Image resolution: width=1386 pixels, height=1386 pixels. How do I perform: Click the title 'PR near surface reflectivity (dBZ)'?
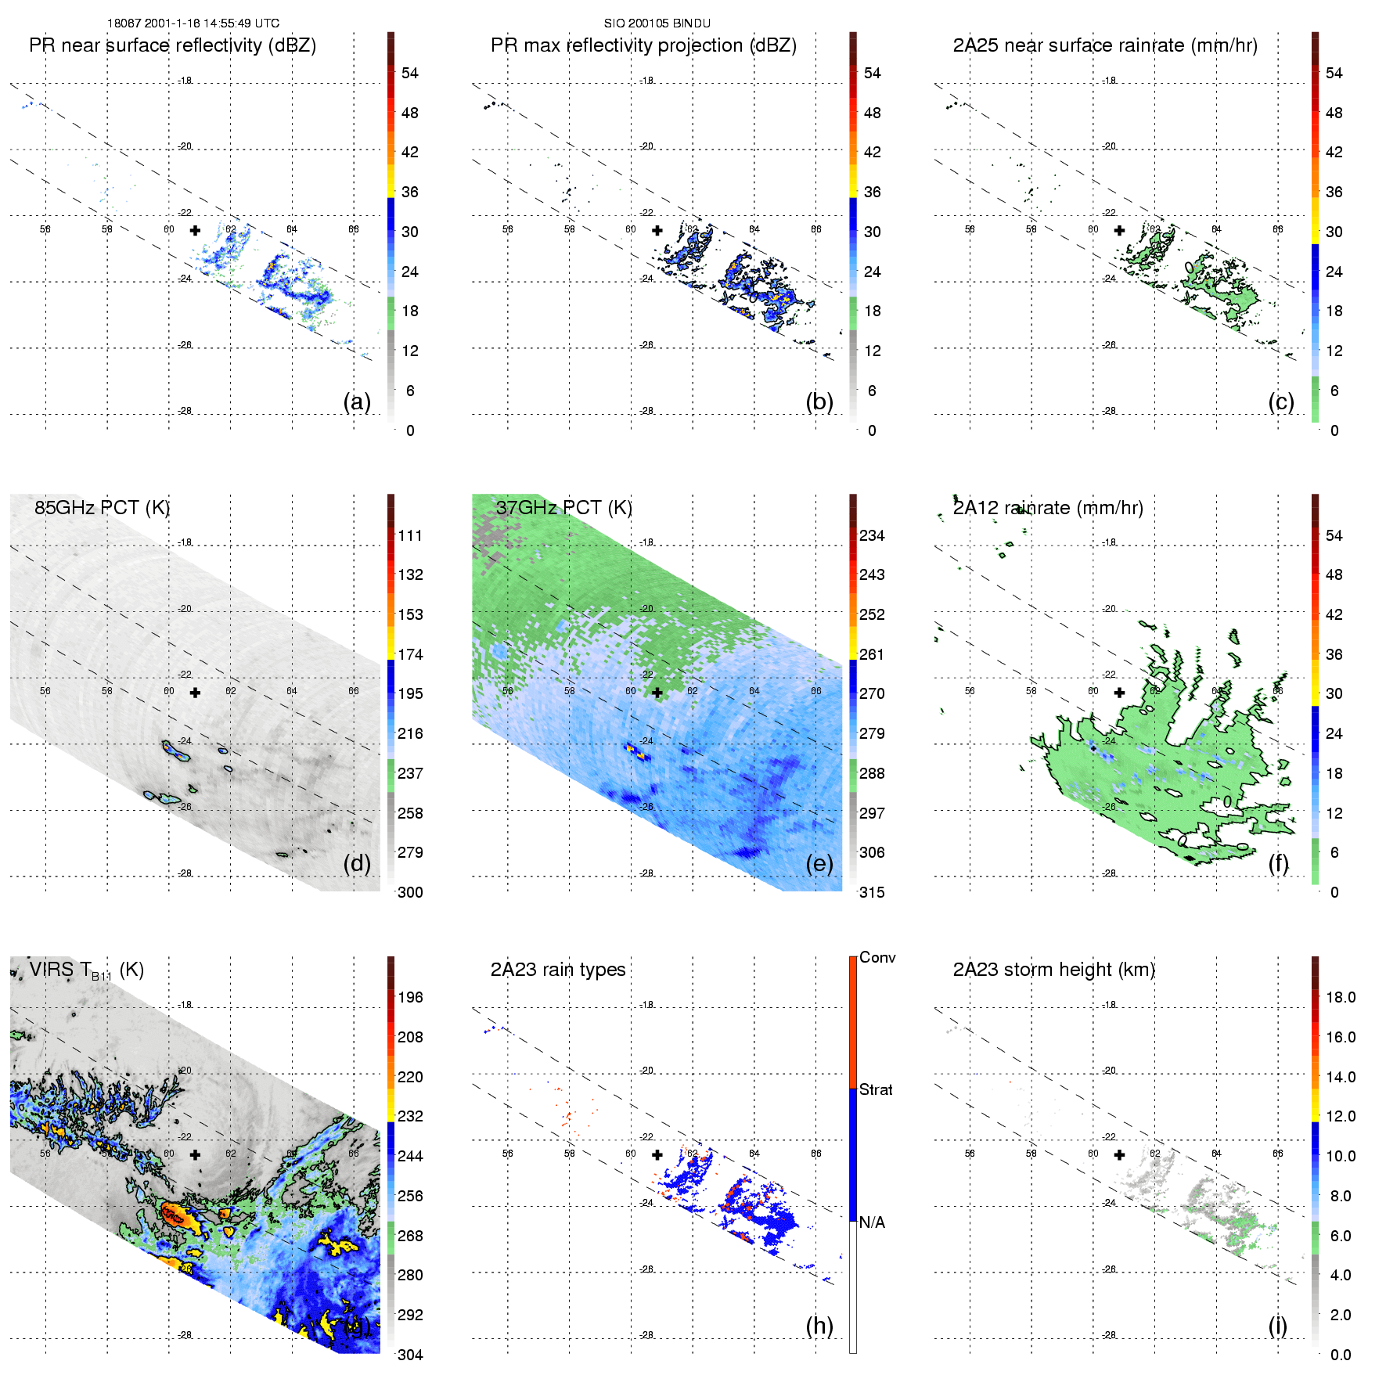(x=172, y=45)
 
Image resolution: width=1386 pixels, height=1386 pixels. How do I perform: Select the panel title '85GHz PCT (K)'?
(x=102, y=508)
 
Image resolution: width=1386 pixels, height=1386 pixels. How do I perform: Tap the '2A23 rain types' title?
(x=558, y=970)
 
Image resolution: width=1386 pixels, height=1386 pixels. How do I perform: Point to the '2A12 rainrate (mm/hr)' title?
(x=1048, y=508)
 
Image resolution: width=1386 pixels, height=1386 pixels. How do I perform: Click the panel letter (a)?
(x=357, y=401)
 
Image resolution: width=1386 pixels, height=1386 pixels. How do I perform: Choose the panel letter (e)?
(x=819, y=863)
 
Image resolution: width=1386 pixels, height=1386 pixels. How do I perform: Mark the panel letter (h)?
(x=819, y=1326)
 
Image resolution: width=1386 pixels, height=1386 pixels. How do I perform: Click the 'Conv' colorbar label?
(x=877, y=957)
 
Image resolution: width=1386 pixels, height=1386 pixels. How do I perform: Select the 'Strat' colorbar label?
(x=876, y=1089)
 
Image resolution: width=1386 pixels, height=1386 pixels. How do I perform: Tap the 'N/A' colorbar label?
(x=872, y=1222)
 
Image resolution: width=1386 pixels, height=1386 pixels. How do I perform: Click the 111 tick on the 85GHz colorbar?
(x=410, y=535)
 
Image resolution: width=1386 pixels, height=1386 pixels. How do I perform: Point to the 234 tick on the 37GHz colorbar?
(x=872, y=535)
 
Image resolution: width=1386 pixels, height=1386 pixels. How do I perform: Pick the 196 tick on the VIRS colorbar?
(x=410, y=997)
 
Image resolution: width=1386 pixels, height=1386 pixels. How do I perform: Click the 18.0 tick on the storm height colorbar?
(x=1341, y=997)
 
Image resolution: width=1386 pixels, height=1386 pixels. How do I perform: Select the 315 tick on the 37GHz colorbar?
(x=872, y=892)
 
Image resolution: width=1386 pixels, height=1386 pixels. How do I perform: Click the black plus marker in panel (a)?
(x=195, y=230)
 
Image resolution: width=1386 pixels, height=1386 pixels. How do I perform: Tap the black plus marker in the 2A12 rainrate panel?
(x=1119, y=693)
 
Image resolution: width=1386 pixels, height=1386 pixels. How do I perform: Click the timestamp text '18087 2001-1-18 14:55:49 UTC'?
(x=193, y=23)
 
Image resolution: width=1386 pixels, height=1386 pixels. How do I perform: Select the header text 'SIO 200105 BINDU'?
(x=657, y=23)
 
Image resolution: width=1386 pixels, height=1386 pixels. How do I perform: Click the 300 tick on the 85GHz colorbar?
(x=410, y=892)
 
